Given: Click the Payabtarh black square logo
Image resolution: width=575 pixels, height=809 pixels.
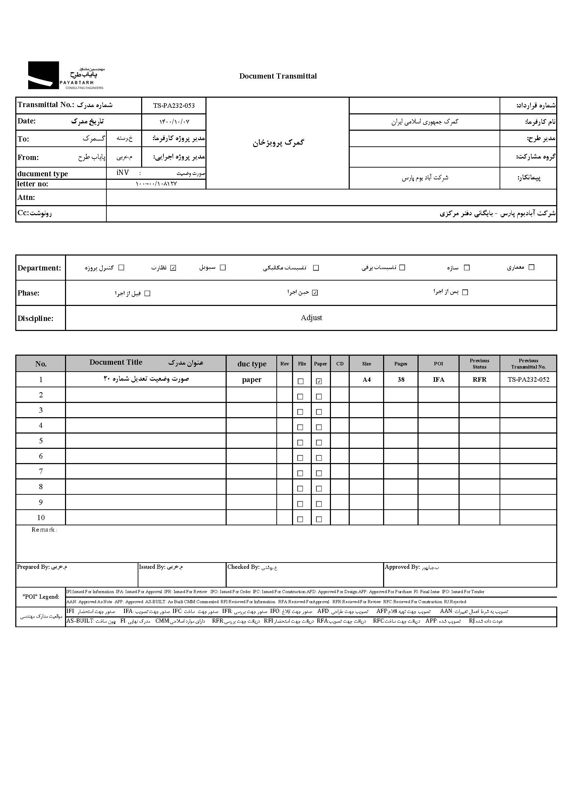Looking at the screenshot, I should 43,75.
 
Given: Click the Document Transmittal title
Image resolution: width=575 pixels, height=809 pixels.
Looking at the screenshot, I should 278,76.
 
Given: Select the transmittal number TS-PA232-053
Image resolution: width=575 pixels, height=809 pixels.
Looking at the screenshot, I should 173,105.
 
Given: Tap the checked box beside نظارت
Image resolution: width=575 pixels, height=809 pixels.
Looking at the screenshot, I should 173,268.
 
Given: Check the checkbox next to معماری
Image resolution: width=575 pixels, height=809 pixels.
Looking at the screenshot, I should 531,267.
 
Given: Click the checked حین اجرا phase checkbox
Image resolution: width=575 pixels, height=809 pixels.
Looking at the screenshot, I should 315,293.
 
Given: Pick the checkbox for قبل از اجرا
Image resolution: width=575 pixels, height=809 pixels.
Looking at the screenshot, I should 148,293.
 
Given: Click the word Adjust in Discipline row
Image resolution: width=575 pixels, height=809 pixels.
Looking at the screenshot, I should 311,318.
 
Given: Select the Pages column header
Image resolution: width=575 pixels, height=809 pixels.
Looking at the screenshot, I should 401,364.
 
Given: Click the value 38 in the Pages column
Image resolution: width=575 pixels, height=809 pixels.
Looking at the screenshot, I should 401,380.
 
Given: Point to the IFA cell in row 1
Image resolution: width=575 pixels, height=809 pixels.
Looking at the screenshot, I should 438,380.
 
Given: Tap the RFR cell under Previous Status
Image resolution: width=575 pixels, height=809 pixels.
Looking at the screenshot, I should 479,380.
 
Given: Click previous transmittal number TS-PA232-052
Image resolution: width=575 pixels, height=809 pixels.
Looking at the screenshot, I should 528,380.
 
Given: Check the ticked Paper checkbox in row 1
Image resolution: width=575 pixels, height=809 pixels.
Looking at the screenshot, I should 319,381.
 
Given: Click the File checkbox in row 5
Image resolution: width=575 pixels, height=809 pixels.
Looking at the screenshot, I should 300,443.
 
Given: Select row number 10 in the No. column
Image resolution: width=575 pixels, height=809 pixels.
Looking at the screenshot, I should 41,518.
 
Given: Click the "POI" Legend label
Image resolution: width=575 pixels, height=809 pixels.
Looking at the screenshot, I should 41,597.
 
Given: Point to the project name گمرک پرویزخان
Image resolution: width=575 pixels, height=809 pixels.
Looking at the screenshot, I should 278,143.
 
